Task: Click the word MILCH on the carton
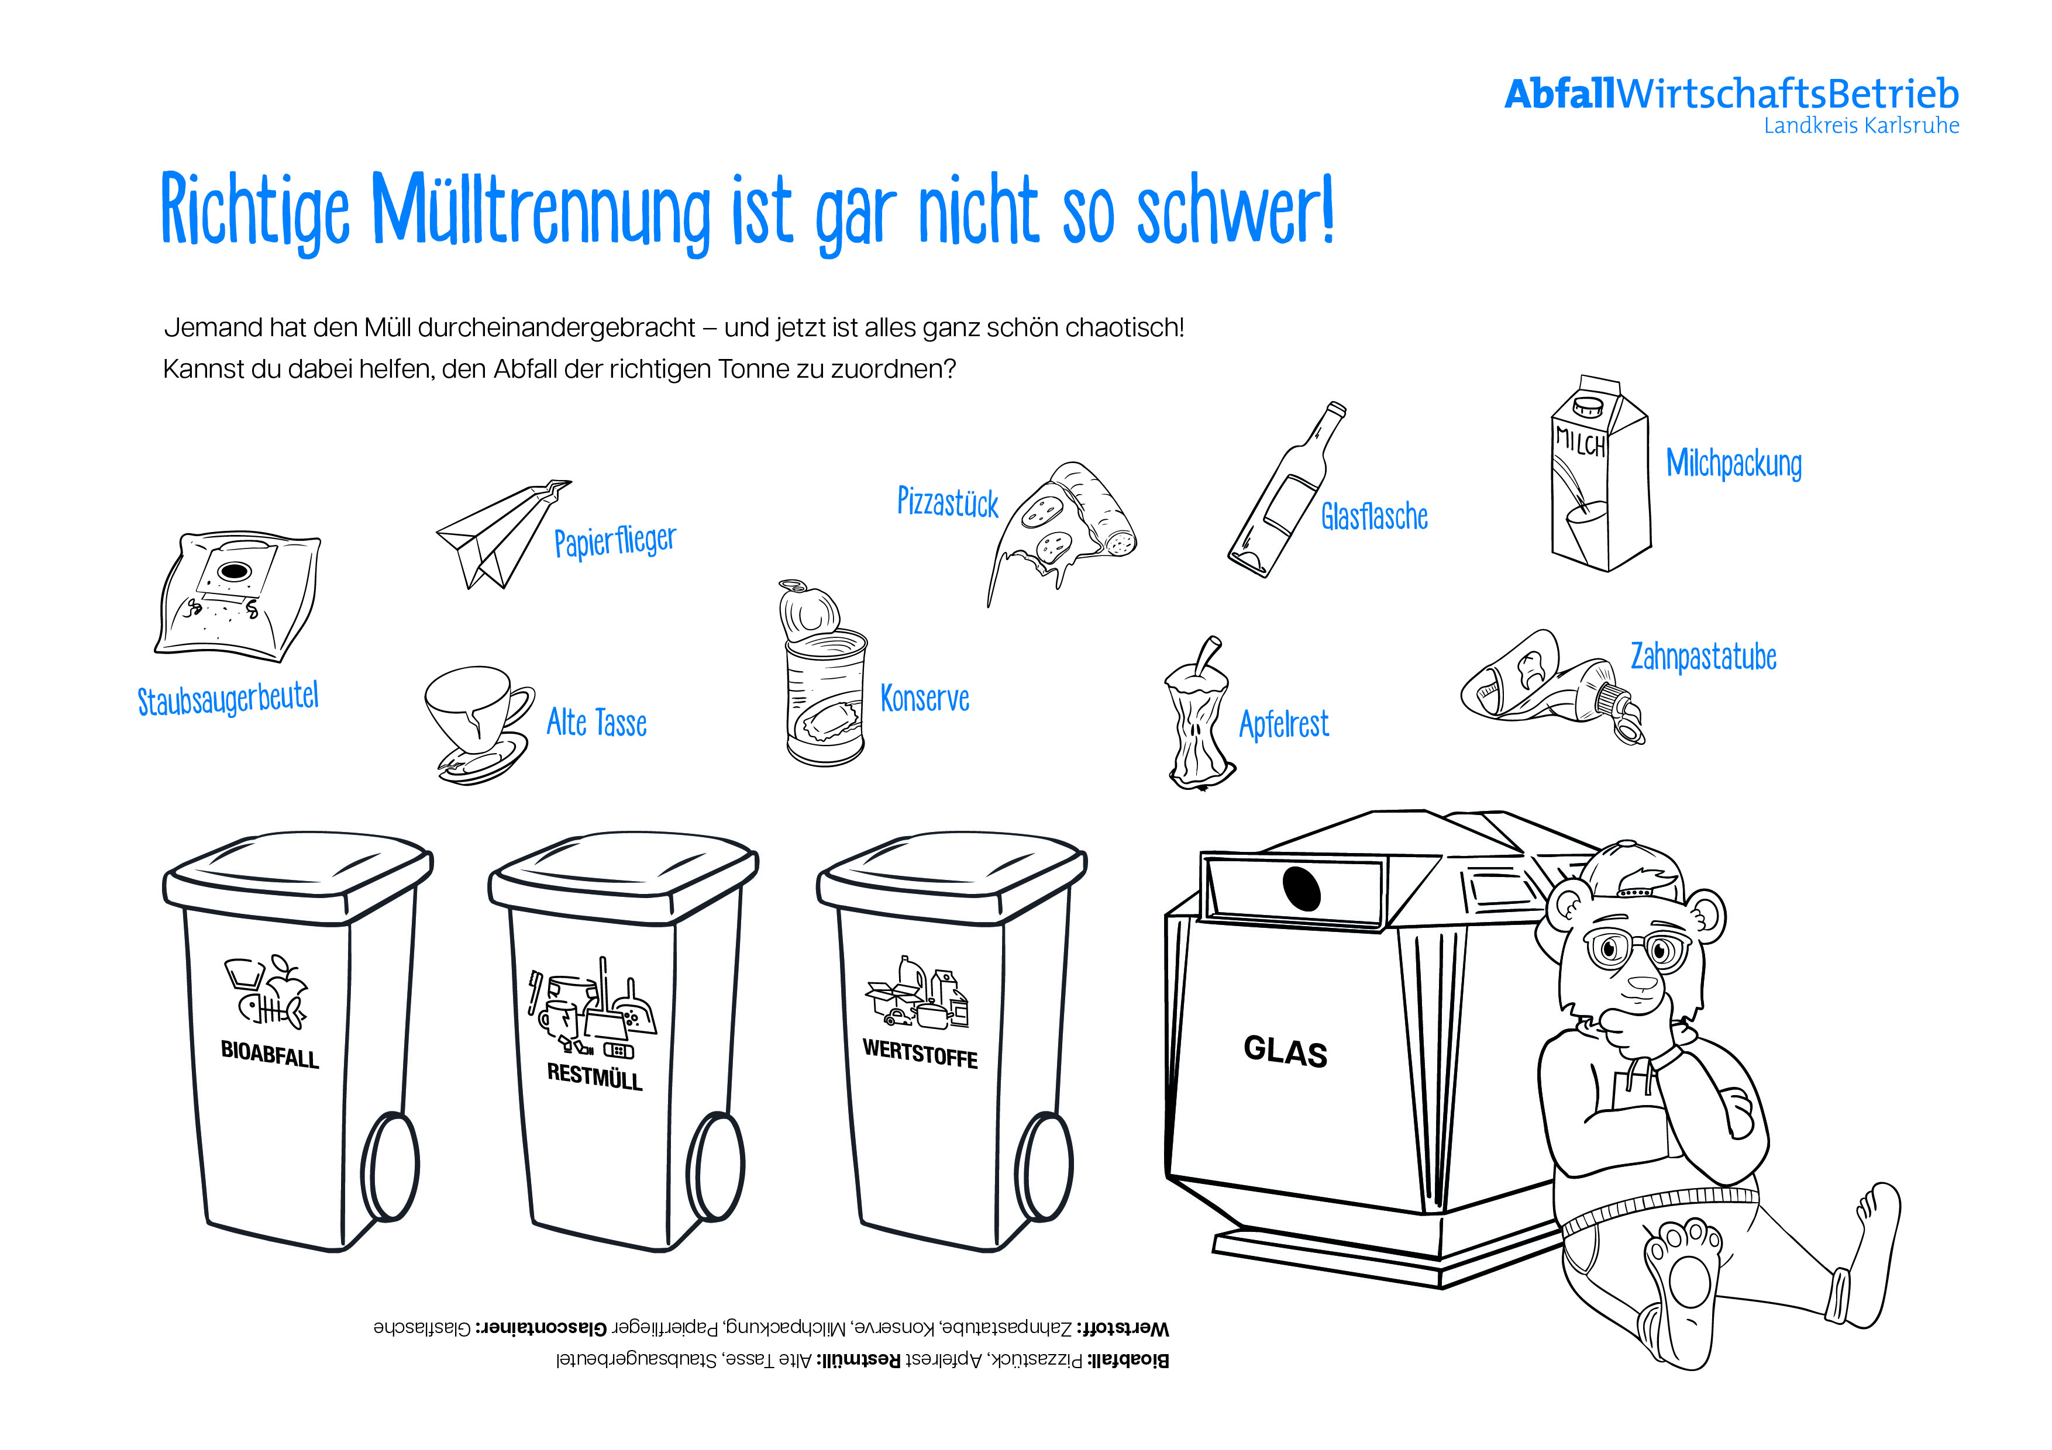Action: (1580, 440)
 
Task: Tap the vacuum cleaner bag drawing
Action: (237, 596)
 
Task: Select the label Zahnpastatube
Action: (1703, 657)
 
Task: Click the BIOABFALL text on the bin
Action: (270, 1055)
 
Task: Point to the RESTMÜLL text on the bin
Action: (594, 1076)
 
